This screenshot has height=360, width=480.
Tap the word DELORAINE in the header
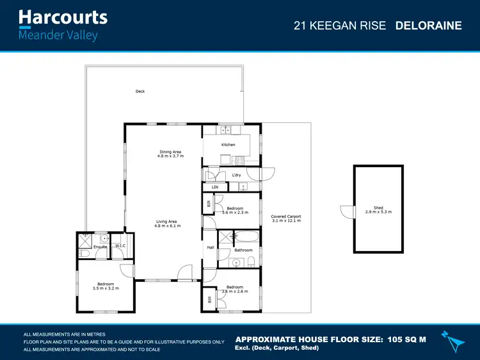(428, 26)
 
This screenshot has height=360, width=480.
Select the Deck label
(140, 92)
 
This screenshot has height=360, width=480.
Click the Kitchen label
(228, 145)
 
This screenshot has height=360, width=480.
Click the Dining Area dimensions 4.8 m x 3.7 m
(170, 156)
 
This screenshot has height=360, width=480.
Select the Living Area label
(167, 222)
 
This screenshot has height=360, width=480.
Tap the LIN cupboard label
(215, 187)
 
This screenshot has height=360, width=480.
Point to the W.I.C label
(120, 246)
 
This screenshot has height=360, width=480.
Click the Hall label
(210, 247)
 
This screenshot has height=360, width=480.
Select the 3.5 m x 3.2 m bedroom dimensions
(106, 288)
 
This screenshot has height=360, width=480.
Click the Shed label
(378, 208)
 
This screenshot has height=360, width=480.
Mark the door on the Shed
(346, 211)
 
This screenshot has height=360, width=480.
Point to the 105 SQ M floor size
(401, 340)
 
